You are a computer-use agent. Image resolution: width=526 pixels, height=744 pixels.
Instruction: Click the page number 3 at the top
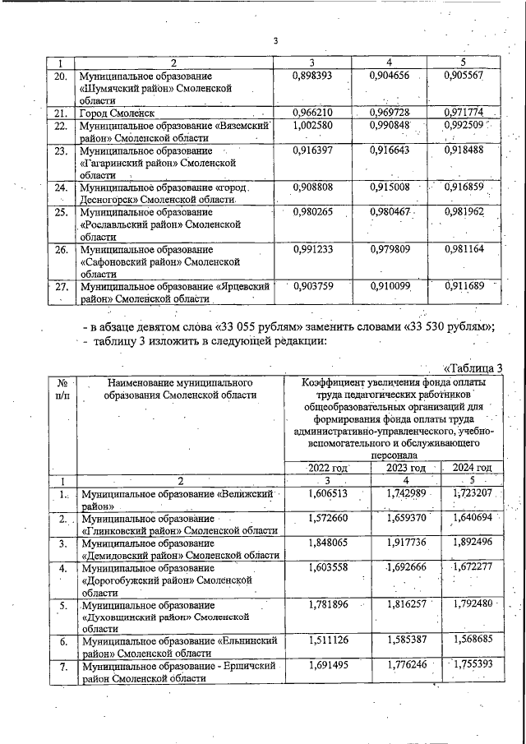(276, 42)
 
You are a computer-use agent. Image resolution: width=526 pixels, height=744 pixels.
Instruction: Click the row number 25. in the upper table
(59, 212)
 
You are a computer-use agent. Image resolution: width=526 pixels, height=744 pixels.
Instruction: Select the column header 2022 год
(328, 468)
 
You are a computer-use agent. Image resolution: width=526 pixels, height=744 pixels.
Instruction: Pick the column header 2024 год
(472, 468)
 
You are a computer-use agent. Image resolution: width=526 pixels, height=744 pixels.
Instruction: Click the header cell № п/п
(59, 389)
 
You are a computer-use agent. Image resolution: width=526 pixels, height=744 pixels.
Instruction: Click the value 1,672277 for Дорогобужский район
(472, 568)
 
